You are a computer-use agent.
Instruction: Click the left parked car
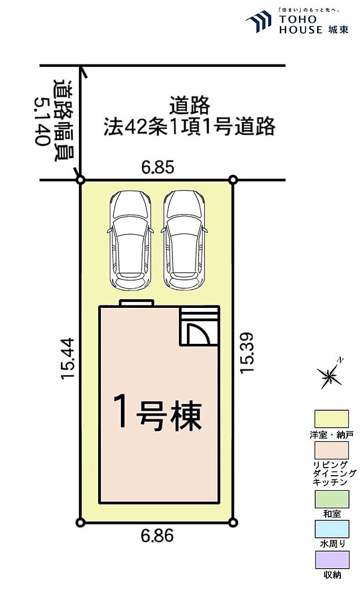tap(130, 240)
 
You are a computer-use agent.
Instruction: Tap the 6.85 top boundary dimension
tap(158, 168)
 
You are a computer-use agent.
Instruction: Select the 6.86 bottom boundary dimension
tap(157, 537)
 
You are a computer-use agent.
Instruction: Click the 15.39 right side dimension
tap(247, 353)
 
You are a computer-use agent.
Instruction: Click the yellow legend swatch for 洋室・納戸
tap(332, 419)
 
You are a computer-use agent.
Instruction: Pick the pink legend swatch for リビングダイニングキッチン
tap(332, 450)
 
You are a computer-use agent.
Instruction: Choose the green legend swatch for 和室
tap(332, 499)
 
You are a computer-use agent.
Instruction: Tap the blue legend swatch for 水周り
tap(332, 529)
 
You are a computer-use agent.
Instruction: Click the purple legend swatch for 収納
tap(332, 560)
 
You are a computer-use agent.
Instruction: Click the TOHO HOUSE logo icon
tap(259, 22)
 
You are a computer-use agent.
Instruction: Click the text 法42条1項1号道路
tap(189, 127)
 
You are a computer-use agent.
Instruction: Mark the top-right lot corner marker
tap(233, 180)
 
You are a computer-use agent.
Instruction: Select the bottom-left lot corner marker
tap(81, 522)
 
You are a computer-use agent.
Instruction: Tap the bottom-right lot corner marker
tap(233, 522)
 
